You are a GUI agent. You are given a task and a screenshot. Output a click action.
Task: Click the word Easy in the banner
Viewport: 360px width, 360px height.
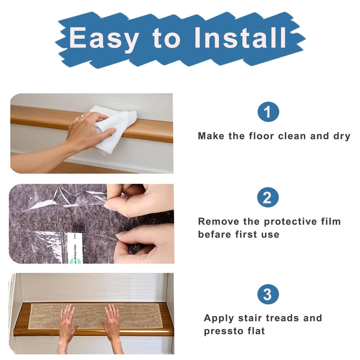pyautogui.click(x=104, y=38)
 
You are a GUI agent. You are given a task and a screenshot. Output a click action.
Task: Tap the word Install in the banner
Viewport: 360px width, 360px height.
pyautogui.click(x=240, y=37)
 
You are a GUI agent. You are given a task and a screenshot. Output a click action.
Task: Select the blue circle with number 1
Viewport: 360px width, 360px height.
pyautogui.click(x=268, y=112)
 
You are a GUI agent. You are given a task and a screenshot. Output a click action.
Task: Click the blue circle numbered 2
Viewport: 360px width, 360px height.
pyautogui.click(x=268, y=197)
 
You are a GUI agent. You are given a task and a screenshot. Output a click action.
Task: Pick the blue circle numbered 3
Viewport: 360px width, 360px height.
pyautogui.click(x=268, y=294)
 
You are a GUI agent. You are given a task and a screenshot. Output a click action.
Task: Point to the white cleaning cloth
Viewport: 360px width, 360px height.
pyautogui.click(x=112, y=129)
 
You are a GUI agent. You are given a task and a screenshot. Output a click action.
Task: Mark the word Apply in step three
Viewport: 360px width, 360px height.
pyautogui.click(x=219, y=319)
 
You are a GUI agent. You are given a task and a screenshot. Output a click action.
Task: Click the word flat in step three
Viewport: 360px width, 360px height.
pyautogui.click(x=256, y=331)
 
